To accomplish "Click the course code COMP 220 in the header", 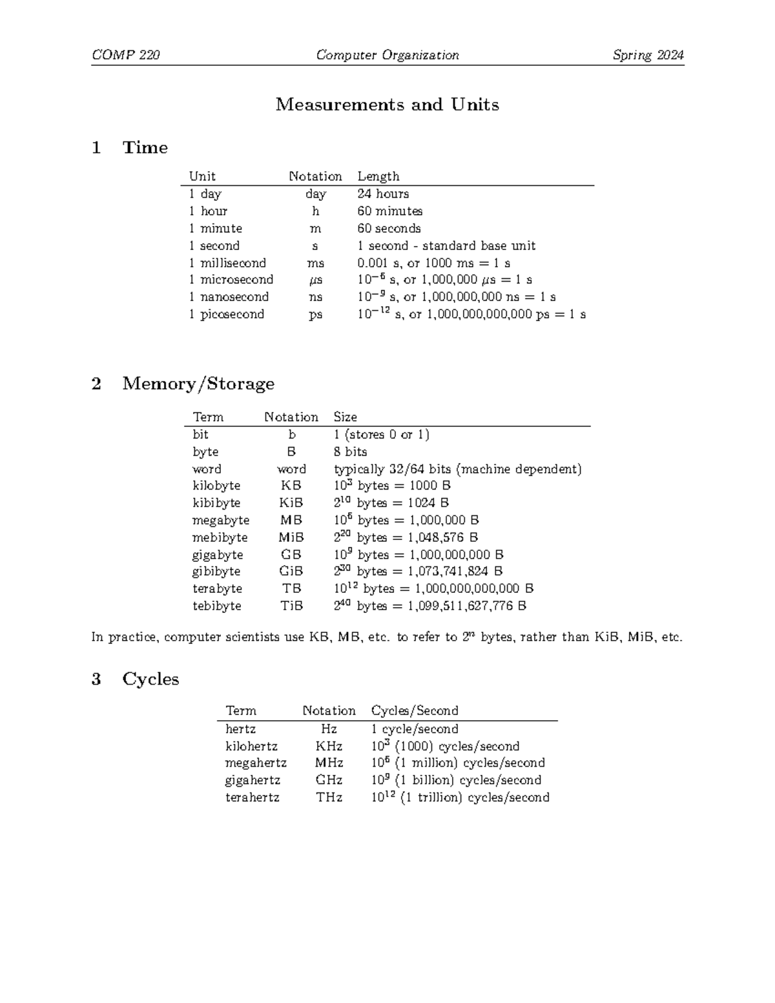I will pyautogui.click(x=126, y=55).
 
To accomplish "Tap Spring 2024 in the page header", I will pyautogui.click(x=648, y=55).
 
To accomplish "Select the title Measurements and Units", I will pyautogui.click(x=387, y=105).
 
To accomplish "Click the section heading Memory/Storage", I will pyautogui.click(x=198, y=384).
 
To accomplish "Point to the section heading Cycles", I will pyautogui.click(x=150, y=679).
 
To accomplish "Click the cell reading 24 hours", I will pyautogui.click(x=383, y=194).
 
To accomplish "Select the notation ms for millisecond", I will pyautogui.click(x=315, y=263).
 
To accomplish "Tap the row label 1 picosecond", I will pyautogui.click(x=226, y=315).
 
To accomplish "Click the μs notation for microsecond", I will pyautogui.click(x=315, y=280).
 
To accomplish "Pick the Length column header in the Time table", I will pyautogui.click(x=378, y=176).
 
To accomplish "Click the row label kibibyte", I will pyautogui.click(x=216, y=502).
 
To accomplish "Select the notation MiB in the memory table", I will pyautogui.click(x=291, y=537).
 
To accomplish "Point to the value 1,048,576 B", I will pyautogui.click(x=442, y=537).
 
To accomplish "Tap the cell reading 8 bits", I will pyautogui.click(x=350, y=451).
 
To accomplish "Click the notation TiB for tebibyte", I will pyautogui.click(x=291, y=606).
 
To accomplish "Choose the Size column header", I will pyautogui.click(x=345, y=417).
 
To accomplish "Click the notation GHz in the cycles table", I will pyautogui.click(x=329, y=780).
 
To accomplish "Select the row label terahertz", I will pyautogui.click(x=252, y=798).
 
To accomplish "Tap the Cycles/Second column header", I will pyautogui.click(x=415, y=710).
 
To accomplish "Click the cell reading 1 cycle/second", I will pyautogui.click(x=415, y=729).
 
